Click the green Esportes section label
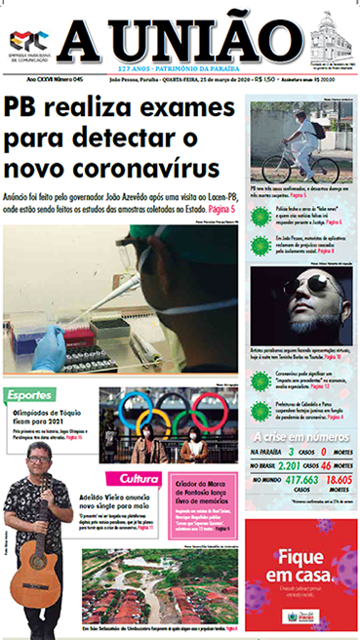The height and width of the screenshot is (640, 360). [33, 395]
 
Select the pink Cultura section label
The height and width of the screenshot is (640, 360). [140, 478]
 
